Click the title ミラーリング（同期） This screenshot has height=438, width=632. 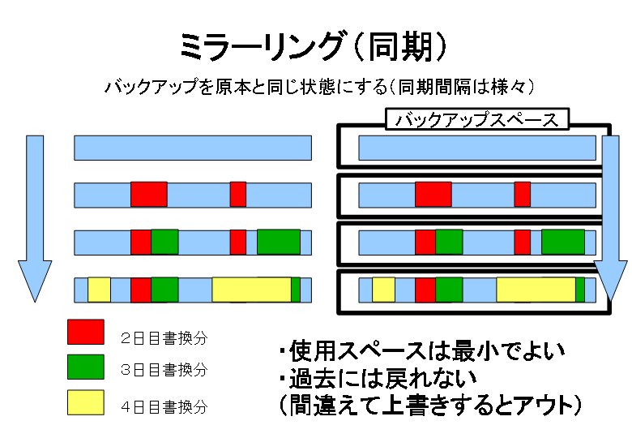(x=313, y=46)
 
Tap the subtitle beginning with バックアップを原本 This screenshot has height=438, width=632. (x=319, y=86)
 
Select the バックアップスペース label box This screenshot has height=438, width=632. (x=477, y=119)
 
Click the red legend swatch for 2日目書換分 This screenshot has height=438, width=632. (x=86, y=332)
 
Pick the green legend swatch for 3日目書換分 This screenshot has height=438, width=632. (x=86, y=367)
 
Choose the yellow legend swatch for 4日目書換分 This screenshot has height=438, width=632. (x=86, y=402)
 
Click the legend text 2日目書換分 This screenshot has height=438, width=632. (x=164, y=338)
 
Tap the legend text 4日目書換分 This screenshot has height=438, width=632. (x=164, y=406)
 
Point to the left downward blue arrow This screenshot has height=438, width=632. (x=35, y=219)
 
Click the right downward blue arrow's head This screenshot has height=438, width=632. (x=611, y=281)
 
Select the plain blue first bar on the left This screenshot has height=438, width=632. (x=193, y=148)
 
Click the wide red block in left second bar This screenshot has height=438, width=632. (x=149, y=195)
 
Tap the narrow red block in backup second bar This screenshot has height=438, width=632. (x=523, y=195)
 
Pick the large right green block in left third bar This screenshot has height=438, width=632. (x=279, y=242)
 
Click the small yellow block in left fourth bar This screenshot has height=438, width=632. (x=99, y=290)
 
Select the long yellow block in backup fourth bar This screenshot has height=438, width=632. (x=536, y=290)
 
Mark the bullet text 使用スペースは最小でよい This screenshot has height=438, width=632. (x=421, y=351)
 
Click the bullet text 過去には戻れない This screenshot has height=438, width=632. (x=378, y=378)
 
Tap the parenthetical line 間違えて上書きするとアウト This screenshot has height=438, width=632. (x=430, y=405)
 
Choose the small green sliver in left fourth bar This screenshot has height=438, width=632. (x=296, y=290)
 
